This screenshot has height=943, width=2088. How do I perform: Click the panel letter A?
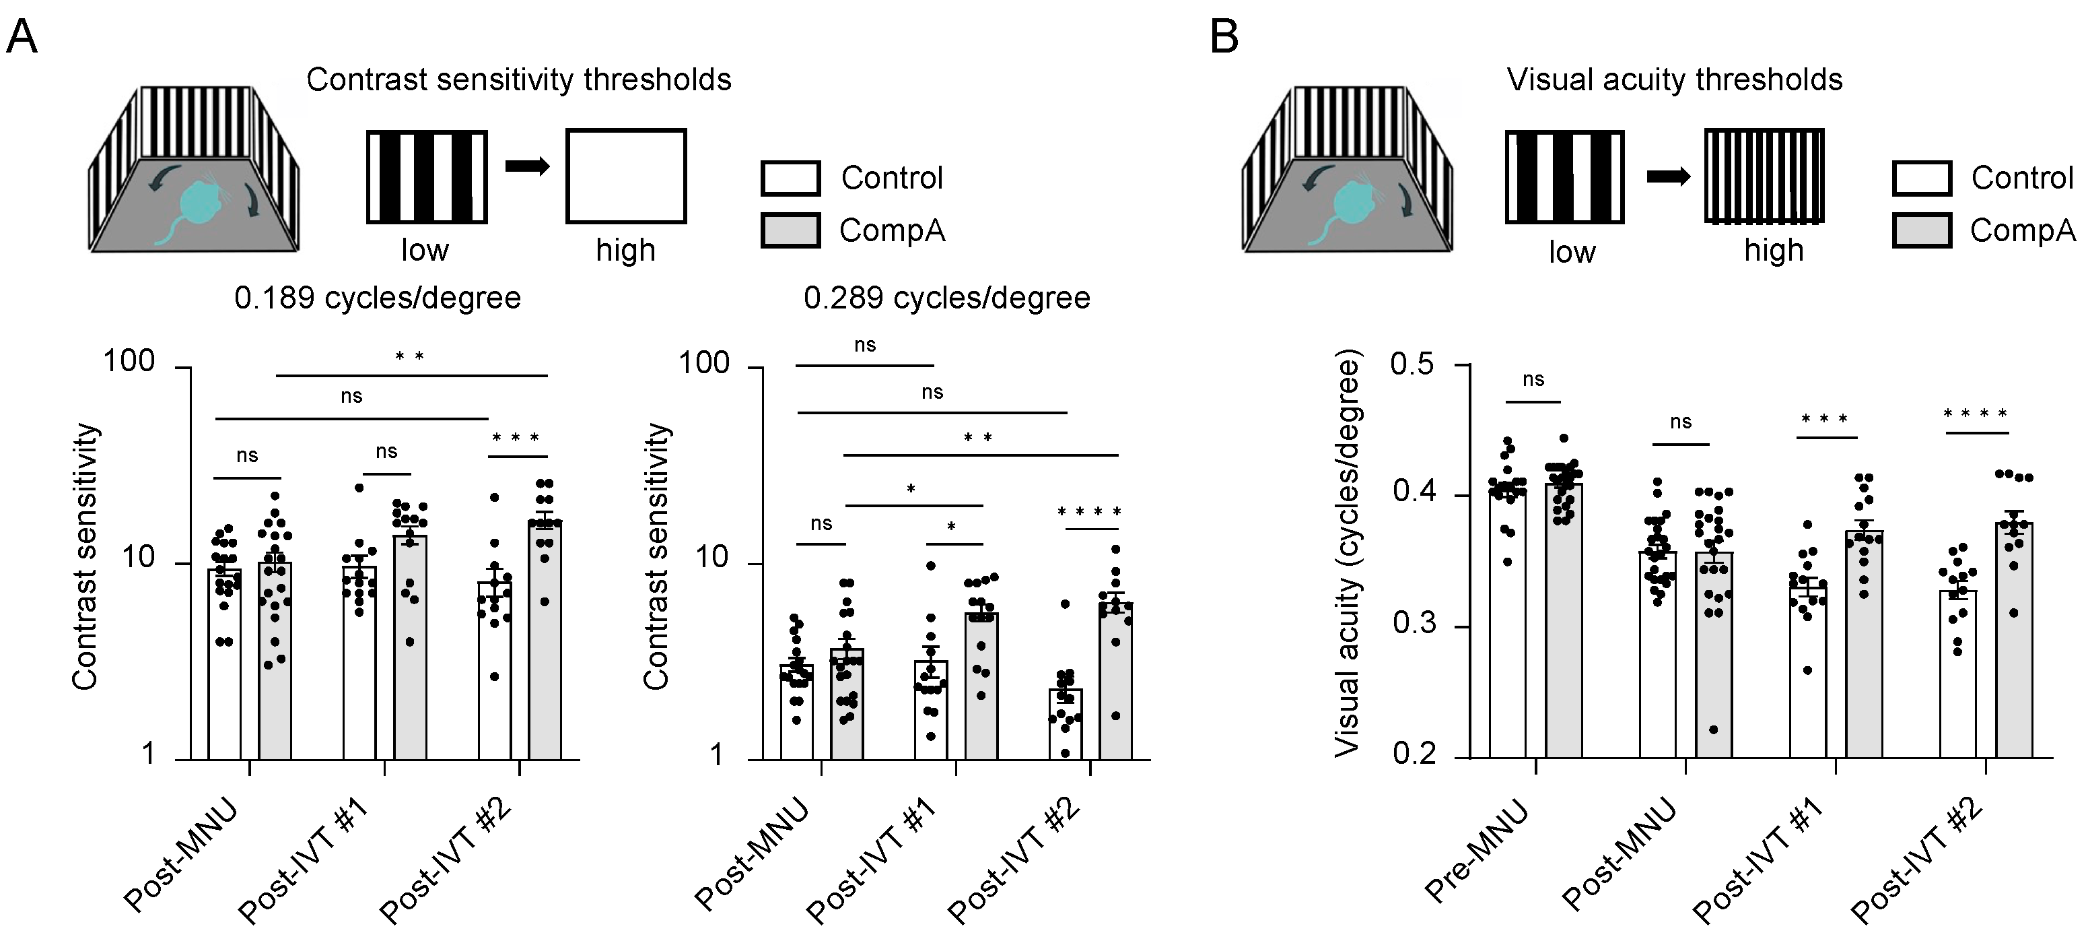click(22, 37)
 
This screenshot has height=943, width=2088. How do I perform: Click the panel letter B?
click(1224, 37)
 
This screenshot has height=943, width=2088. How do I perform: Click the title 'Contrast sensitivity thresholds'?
click(519, 80)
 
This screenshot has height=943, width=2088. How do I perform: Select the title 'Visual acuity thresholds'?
click(1675, 80)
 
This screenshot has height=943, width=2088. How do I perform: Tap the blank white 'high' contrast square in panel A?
click(626, 176)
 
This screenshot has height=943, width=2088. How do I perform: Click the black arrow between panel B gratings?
click(1668, 176)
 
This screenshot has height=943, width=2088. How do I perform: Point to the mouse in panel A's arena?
click(199, 212)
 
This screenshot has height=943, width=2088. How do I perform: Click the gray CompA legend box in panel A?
click(790, 230)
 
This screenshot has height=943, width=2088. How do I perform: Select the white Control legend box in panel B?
click(1922, 178)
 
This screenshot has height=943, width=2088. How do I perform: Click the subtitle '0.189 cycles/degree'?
click(378, 298)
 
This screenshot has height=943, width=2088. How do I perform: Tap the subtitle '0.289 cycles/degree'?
click(946, 298)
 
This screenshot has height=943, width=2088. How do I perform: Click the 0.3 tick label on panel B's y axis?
click(1414, 624)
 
